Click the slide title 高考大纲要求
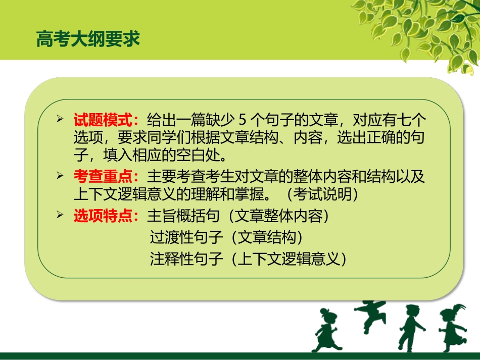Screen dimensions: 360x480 (x=88, y=39)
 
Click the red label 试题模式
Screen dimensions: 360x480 (x=105, y=120)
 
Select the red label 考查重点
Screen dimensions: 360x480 (x=105, y=177)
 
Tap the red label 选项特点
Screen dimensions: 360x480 (x=105, y=216)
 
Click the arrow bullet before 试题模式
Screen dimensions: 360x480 (x=61, y=120)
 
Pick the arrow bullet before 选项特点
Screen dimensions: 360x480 (x=61, y=216)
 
